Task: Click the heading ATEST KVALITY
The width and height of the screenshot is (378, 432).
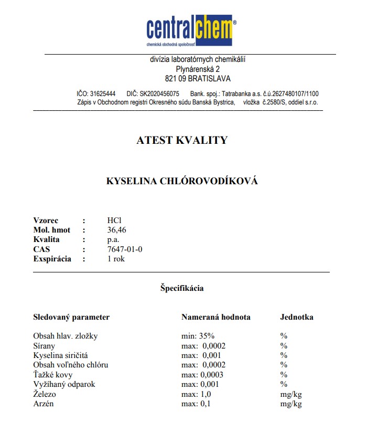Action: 182,140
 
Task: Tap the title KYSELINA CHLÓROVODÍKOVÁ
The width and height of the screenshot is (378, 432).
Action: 182,181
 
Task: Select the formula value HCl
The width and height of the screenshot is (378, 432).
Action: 114,220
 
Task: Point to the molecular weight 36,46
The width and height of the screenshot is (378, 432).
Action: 116,230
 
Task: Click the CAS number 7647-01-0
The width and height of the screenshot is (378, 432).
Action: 124,249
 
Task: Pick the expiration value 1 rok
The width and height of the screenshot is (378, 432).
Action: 116,258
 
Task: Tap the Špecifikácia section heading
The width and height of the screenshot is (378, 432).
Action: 182,288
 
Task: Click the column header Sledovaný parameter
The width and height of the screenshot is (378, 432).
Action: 71,317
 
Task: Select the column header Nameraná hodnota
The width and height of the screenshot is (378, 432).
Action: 215,317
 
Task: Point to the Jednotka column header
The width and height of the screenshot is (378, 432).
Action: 297,317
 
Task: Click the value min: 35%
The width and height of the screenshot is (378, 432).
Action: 198,336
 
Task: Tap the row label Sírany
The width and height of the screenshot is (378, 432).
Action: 44,346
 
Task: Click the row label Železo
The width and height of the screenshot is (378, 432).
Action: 44,394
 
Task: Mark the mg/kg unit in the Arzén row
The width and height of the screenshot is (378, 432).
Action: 291,404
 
